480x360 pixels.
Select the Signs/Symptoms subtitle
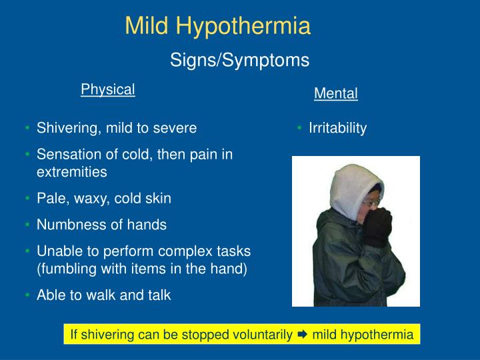tap(239, 60)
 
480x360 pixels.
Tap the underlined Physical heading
tap(108, 89)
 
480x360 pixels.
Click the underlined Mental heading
tap(336, 94)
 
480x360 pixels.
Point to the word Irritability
tap(337, 128)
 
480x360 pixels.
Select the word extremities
tap(71, 171)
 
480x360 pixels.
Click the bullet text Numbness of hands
tap(101, 225)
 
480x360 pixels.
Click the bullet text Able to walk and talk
tap(103, 295)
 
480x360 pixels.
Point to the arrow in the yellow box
tap(301, 334)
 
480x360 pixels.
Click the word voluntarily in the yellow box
tap(261, 334)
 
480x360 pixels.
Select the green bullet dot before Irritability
tap(300, 128)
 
